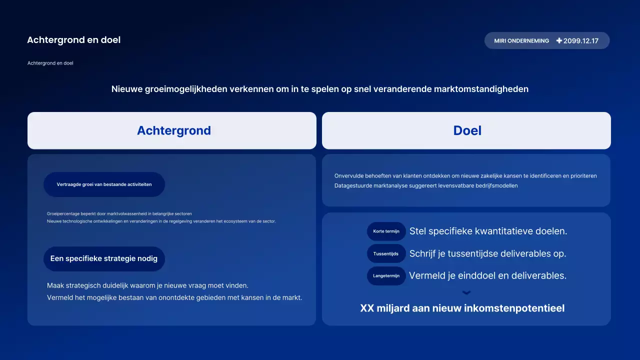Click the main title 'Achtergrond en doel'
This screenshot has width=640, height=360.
point(73,40)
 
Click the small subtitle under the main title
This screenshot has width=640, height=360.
point(50,63)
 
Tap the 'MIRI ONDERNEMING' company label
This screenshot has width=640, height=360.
point(521,41)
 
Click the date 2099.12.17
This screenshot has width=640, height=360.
point(580,41)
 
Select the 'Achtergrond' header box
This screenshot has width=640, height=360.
point(172,130)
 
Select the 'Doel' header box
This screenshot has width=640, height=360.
point(466,130)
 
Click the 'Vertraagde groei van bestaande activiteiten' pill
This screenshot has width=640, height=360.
point(104,184)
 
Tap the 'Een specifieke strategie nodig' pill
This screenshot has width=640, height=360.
point(104,259)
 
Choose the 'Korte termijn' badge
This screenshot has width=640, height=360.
point(386,231)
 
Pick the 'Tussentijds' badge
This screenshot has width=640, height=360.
point(386,254)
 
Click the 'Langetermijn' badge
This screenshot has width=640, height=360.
point(386,276)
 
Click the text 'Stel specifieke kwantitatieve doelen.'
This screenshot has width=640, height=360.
point(488,231)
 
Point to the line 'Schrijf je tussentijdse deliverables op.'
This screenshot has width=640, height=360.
point(487,253)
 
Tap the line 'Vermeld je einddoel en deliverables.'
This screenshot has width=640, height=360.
point(487,275)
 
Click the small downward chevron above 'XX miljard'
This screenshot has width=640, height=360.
point(466,293)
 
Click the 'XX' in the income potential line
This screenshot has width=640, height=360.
point(367,308)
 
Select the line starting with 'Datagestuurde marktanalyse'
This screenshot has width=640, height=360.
point(426,185)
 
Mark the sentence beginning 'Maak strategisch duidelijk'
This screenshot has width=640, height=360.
point(147,285)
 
